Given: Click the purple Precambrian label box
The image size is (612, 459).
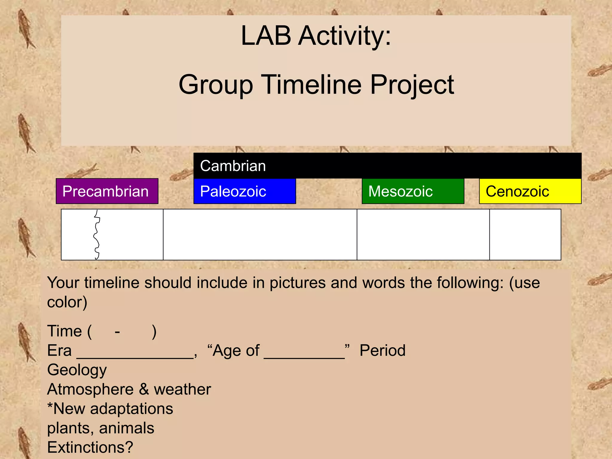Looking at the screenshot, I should pos(107,191).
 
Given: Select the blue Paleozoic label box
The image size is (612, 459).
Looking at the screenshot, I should pos(244,191).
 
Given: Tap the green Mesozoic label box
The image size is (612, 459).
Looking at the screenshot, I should pos(413,191).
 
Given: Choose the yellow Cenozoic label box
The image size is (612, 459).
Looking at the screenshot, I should pos(530,191).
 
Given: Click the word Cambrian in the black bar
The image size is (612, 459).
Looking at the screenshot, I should pos(233,166).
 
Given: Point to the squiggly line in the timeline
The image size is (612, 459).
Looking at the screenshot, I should pos(97,235).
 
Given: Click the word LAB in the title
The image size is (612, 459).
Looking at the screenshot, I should pos(266,36).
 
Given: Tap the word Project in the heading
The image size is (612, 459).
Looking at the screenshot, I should pos(412,85).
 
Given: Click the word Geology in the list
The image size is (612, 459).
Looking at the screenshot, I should pos(77,370).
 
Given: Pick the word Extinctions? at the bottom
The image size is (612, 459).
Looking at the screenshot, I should pos(90,447).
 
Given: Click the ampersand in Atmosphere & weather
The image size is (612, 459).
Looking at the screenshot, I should pos(143,389).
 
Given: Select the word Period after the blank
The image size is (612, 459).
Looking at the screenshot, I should pos(382,351).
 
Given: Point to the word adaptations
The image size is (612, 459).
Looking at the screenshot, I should pos(131,409).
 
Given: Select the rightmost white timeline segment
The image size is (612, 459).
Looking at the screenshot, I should pos(525,235).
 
